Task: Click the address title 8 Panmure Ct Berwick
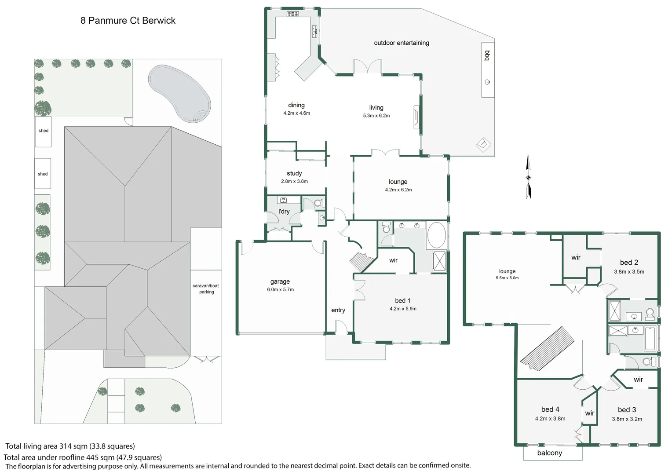click(128, 20)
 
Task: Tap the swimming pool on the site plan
click(179, 94)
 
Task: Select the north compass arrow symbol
click(528, 177)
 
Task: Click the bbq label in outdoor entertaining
click(487, 55)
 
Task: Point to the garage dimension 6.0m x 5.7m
click(281, 289)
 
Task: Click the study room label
click(294, 173)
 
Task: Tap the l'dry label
click(284, 211)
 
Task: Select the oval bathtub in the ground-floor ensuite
click(437, 235)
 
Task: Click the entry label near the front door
click(338, 310)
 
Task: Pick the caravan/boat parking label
click(206, 289)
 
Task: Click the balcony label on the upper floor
click(550, 453)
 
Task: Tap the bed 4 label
click(550, 409)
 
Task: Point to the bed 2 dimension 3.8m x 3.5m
click(629, 271)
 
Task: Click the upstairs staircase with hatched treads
click(547, 348)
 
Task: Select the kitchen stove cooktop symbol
click(292, 14)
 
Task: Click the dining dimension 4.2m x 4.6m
click(297, 113)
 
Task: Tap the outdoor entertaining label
click(402, 43)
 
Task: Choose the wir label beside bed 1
click(393, 260)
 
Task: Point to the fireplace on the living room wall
click(416, 117)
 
